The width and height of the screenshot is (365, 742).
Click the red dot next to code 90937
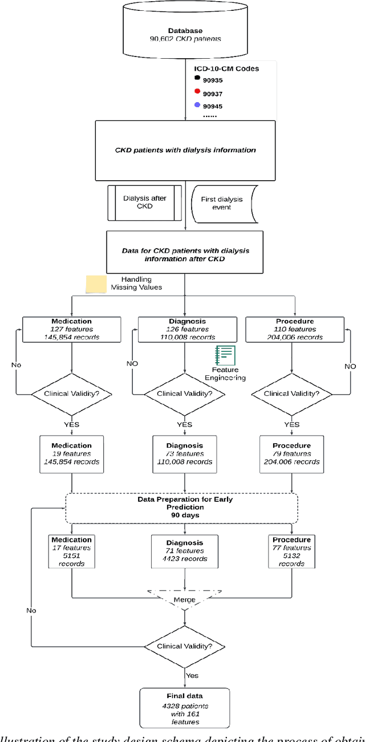pyautogui.click(x=197, y=92)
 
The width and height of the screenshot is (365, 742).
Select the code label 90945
pyautogui.click(x=213, y=106)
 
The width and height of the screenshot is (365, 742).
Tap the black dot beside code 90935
pyautogui.click(x=197, y=78)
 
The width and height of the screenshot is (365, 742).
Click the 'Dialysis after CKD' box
pyautogui.click(x=144, y=202)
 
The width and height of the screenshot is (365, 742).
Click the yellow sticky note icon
pyautogui.click(x=96, y=284)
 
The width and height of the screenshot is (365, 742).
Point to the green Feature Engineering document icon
pyautogui.click(x=225, y=356)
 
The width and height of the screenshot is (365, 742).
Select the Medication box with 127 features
pyautogui.click(x=71, y=329)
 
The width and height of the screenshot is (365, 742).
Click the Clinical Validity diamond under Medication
pyautogui.click(x=71, y=393)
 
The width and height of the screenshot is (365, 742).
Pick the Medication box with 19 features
pyautogui.click(x=71, y=453)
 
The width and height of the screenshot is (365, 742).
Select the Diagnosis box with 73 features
pyautogui.click(x=185, y=453)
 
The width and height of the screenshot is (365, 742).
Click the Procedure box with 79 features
pyautogui.click(x=291, y=453)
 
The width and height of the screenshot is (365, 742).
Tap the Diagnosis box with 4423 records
pyautogui.click(x=185, y=551)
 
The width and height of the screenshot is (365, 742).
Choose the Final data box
pyautogui.click(x=184, y=709)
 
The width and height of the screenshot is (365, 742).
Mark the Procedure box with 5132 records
pyautogui.click(x=291, y=551)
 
